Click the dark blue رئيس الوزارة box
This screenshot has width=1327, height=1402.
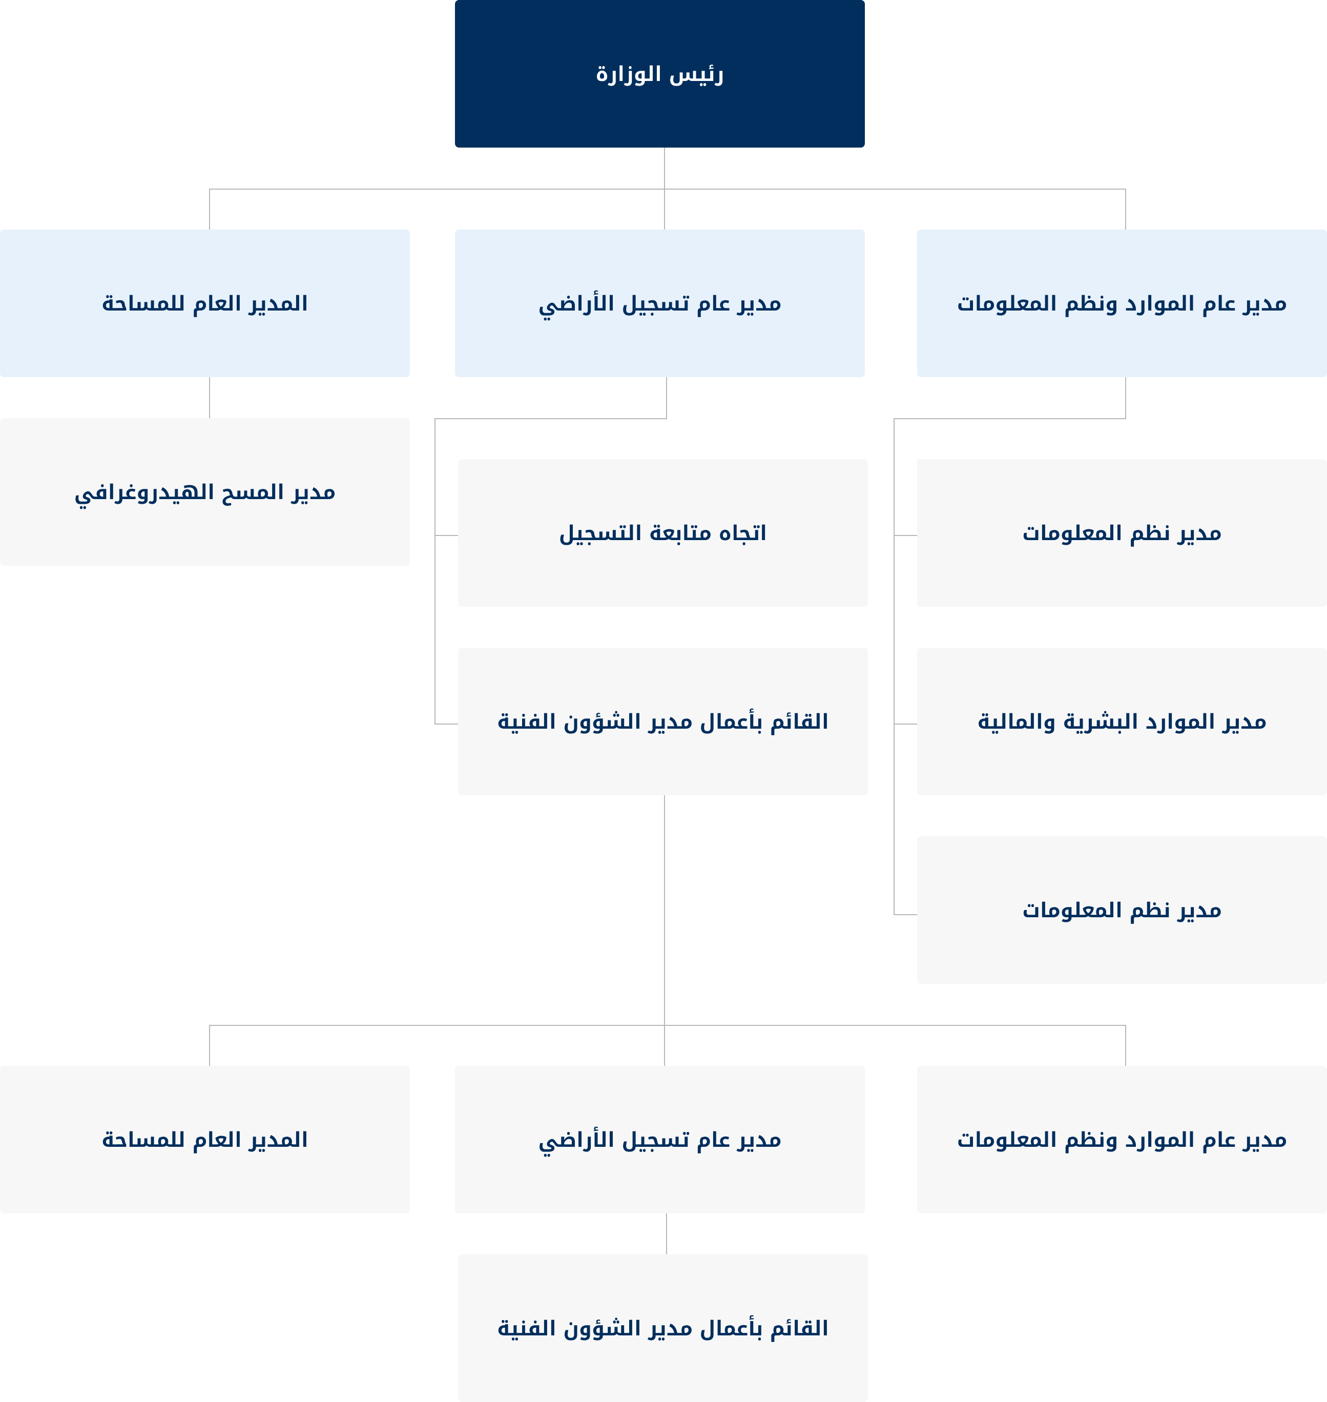[659, 74]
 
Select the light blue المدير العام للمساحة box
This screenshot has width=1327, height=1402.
[205, 303]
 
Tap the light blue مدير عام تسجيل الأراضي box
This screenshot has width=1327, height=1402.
[659, 303]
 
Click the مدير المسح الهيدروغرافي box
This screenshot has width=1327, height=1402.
[205, 491]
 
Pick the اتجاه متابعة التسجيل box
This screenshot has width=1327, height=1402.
[663, 532]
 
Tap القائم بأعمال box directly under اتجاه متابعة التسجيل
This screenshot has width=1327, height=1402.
[663, 721]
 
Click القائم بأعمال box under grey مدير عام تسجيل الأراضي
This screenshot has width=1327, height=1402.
[663, 1328]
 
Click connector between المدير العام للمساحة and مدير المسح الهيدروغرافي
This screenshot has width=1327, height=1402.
[210, 398]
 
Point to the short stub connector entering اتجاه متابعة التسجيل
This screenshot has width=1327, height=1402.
[446, 535]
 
